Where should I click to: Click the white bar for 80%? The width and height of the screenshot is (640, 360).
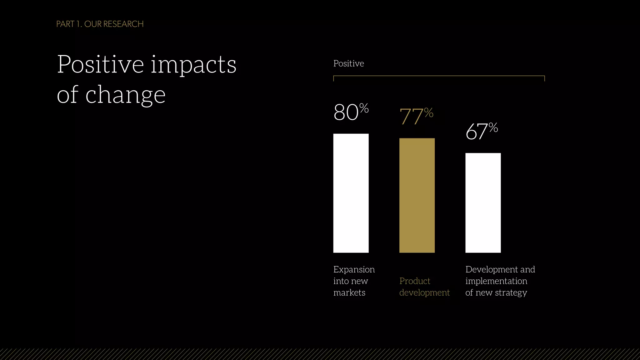(x=351, y=193)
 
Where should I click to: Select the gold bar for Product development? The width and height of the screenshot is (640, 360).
(x=417, y=195)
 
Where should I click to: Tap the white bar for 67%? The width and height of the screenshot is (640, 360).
(x=483, y=203)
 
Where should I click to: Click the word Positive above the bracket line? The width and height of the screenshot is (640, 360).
(x=348, y=63)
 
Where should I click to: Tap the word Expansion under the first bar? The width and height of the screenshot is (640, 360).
(x=354, y=269)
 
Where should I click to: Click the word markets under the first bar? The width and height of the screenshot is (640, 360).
(x=349, y=292)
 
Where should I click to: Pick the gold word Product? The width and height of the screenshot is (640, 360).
(x=415, y=281)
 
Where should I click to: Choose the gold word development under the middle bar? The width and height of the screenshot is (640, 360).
(x=424, y=292)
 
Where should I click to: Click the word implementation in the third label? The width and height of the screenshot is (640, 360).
(x=496, y=281)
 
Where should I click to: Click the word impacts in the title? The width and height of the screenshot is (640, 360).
(x=193, y=65)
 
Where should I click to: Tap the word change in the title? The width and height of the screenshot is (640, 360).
(x=125, y=95)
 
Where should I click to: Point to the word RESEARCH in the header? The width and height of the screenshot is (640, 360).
(x=123, y=24)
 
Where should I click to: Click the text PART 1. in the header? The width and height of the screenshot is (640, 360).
(x=69, y=24)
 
